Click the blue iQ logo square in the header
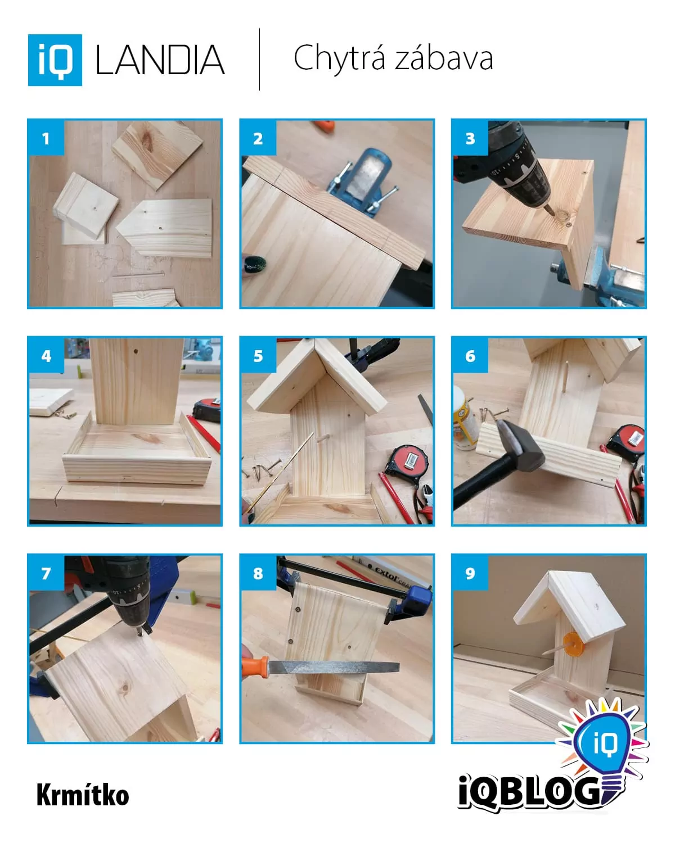coord(55,60)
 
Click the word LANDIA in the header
coord(160,60)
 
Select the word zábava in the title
coord(444,57)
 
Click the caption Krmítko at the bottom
coord(83,795)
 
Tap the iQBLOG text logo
coord(529,794)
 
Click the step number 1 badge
coord(46,138)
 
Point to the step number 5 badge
coord(258,356)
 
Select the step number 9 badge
coord(470,573)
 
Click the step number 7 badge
coord(46,573)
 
